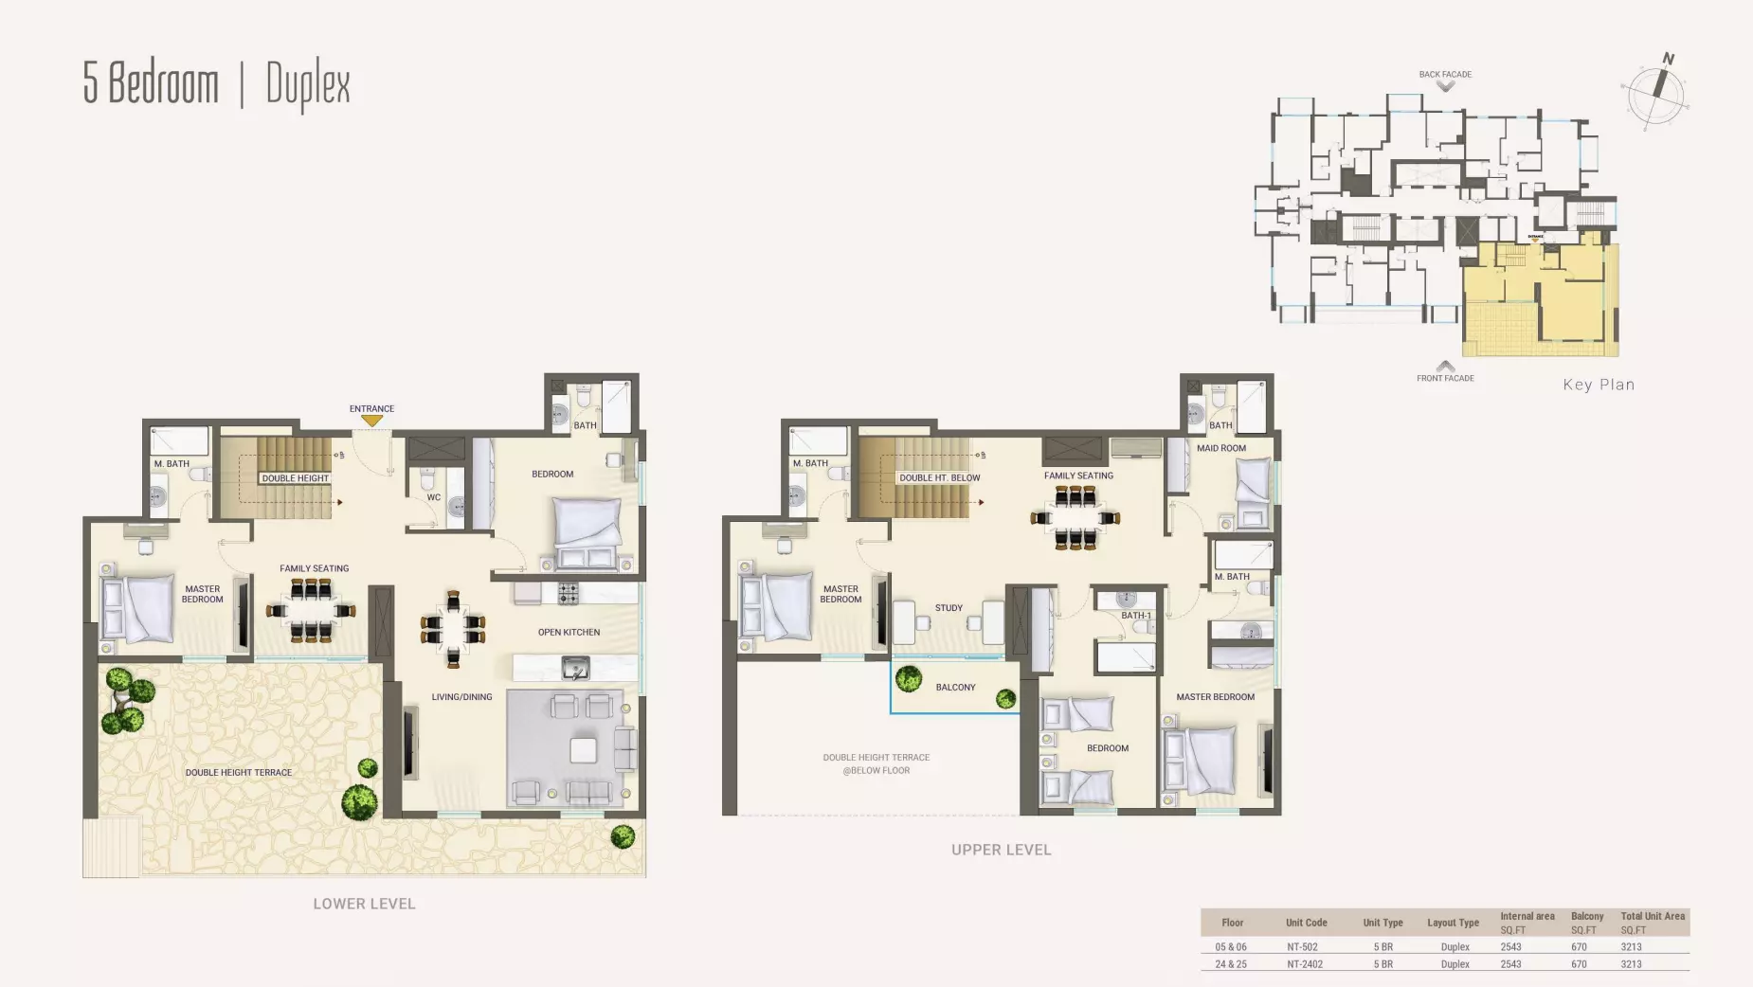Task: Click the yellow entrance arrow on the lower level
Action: pos(371,421)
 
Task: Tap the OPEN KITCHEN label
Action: pos(569,632)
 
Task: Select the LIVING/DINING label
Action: pos(461,697)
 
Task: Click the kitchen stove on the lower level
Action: pos(568,594)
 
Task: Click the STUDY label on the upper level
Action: pos(949,608)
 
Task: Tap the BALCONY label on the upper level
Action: pos(955,688)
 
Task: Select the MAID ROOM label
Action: pos(1220,448)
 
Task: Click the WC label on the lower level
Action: pos(433,497)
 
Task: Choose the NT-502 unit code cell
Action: pos(1302,947)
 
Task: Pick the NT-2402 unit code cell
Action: pos(1305,964)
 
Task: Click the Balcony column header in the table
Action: pos(1587,917)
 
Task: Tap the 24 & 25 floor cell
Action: pos(1231,964)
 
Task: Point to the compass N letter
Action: pos(1669,59)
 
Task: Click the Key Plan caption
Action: pos(1599,385)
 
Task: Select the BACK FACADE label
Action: pos(1445,74)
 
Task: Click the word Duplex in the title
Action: pos(308,85)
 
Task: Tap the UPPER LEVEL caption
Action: pos(1001,850)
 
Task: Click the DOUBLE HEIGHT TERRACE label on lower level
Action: pos(239,773)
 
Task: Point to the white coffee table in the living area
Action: pos(583,750)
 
